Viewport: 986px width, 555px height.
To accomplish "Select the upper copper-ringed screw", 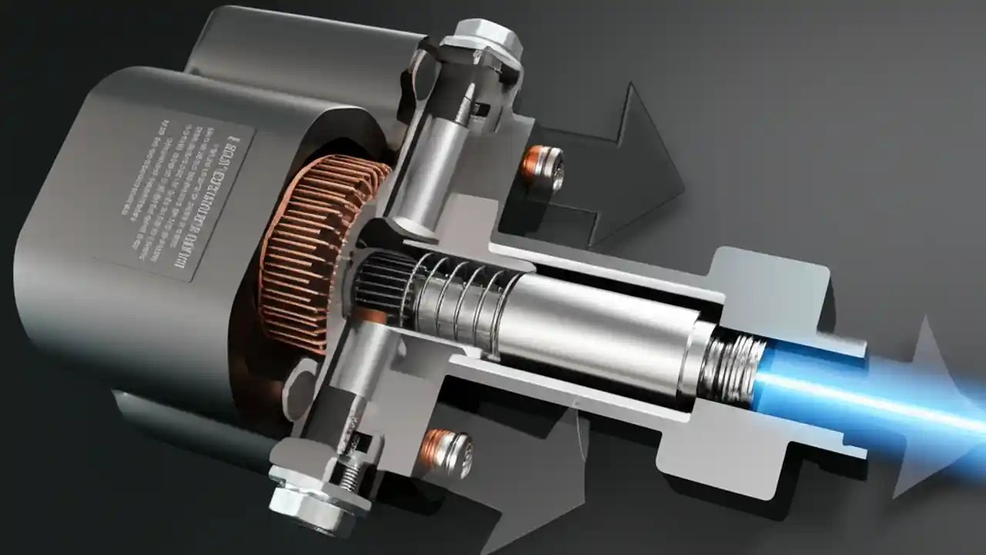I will pos(545,166).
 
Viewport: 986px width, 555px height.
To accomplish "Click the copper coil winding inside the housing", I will pos(308,247).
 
